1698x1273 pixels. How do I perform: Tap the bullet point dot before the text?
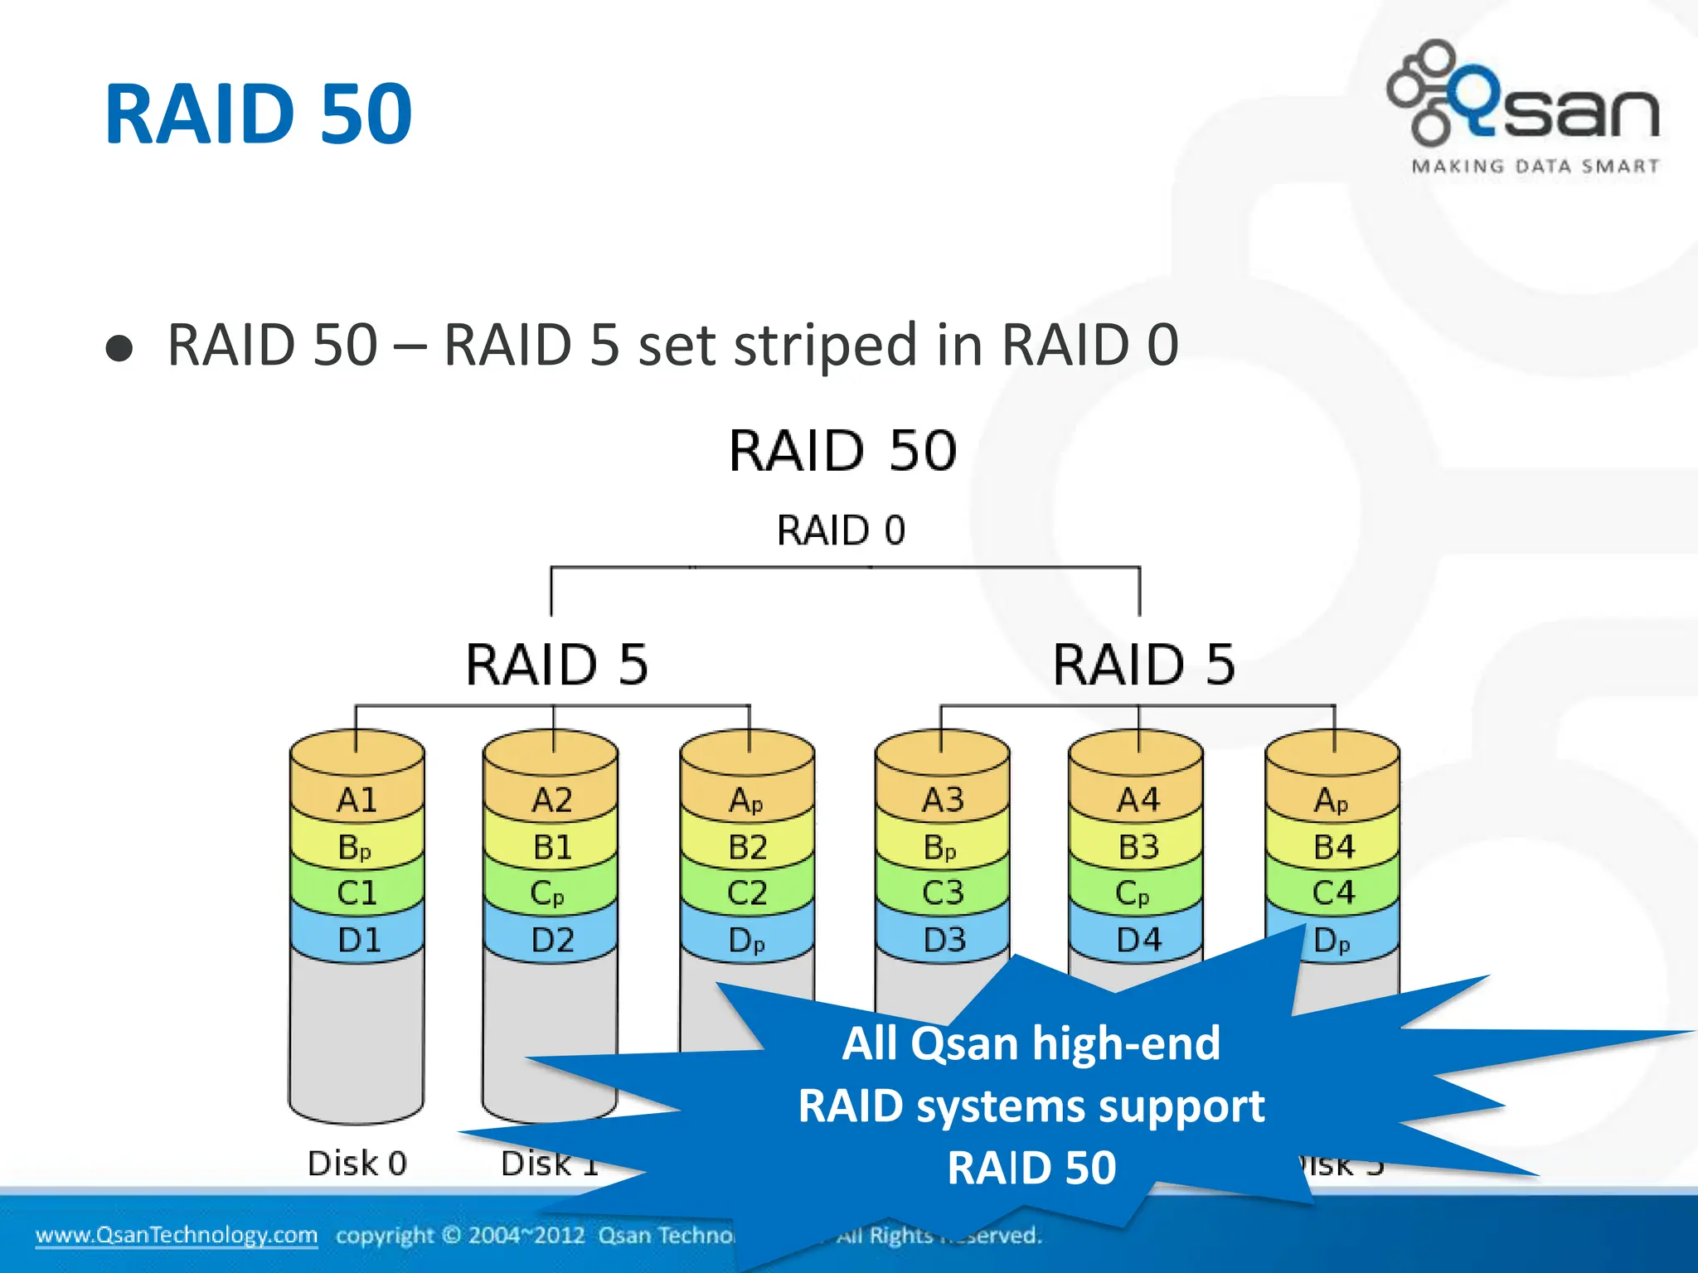point(119,348)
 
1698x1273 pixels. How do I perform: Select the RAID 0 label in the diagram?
point(841,530)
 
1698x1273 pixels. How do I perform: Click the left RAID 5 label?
point(556,665)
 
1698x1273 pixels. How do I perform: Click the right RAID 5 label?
point(1143,665)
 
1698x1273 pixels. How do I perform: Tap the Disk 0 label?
point(357,1164)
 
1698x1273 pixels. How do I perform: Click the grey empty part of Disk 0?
point(357,1036)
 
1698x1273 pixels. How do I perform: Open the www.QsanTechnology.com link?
point(177,1235)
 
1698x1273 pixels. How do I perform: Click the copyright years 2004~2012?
point(526,1236)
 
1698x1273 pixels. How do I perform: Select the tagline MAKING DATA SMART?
point(1535,167)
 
